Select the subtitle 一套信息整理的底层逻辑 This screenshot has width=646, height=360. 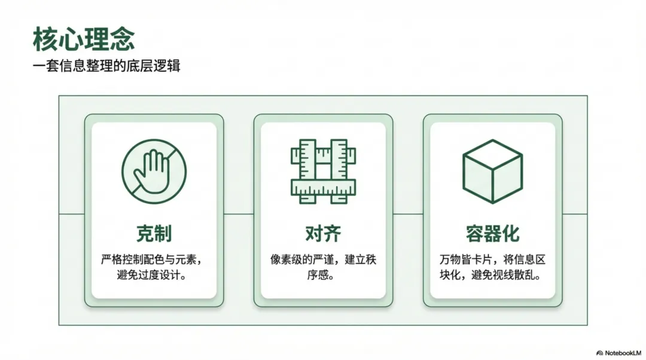click(106, 65)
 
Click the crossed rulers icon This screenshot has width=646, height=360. click(323, 170)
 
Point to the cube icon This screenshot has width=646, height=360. click(492, 170)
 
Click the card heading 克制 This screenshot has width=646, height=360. click(154, 234)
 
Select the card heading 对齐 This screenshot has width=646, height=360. click(323, 234)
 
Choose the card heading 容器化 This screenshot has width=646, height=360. click(492, 234)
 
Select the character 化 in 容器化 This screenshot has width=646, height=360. click(510, 234)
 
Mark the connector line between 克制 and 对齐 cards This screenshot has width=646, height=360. click(239, 213)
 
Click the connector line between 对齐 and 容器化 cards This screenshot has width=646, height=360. click(408, 213)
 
